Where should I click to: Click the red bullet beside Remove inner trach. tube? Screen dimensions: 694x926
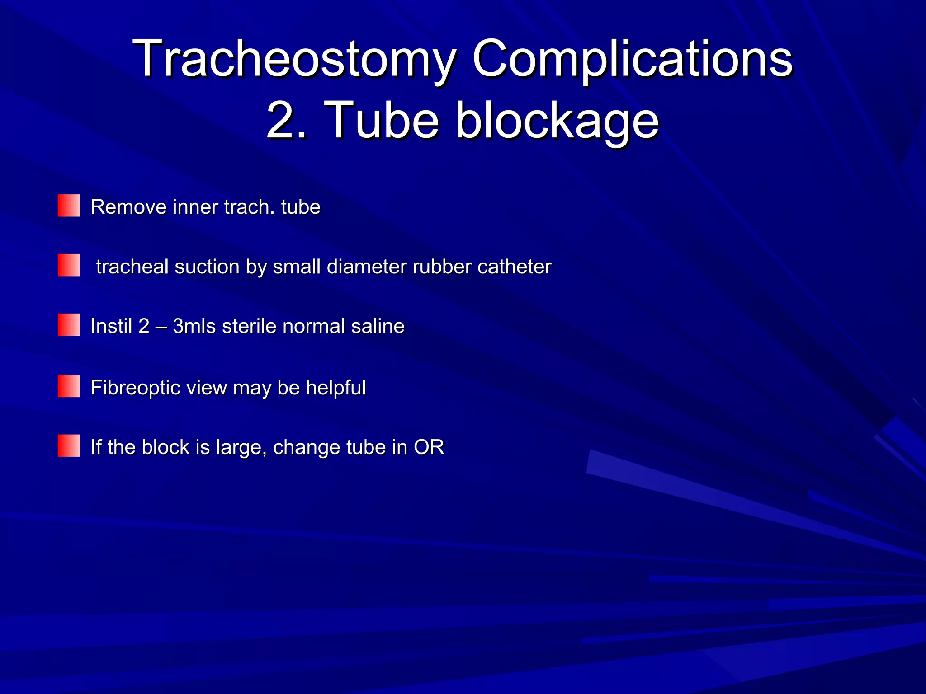click(x=69, y=206)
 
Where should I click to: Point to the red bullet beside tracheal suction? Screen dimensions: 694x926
click(x=69, y=265)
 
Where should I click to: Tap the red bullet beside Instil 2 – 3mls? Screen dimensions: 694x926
click(x=69, y=325)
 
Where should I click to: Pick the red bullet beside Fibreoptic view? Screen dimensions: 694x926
click(x=69, y=386)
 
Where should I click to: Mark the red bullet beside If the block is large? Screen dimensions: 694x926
click(x=69, y=446)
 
